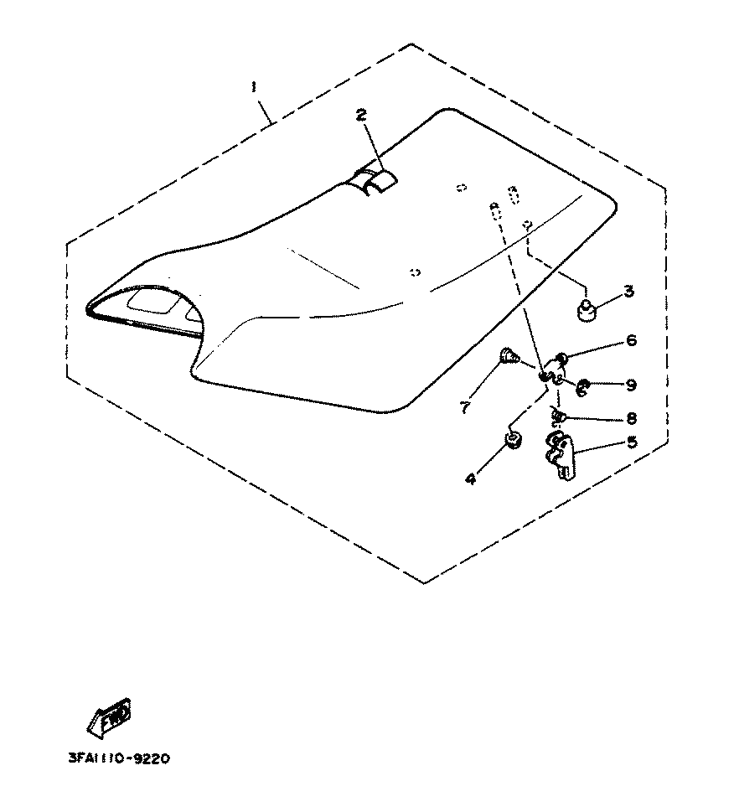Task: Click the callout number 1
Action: coord(253,86)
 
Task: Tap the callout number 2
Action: coord(361,116)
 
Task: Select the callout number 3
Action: coord(628,292)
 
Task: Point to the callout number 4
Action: coord(471,479)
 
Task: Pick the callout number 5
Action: coord(631,442)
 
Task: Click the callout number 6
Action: coord(631,340)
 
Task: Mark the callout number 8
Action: coord(631,416)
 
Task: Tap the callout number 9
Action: coord(631,385)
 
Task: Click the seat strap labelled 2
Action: coord(373,179)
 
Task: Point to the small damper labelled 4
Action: coord(513,440)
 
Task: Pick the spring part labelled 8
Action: coord(557,416)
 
